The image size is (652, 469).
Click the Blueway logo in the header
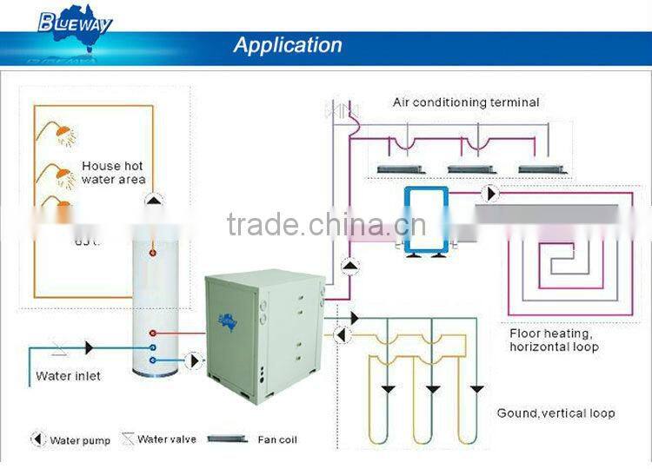(75, 23)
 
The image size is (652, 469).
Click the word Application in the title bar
(287, 45)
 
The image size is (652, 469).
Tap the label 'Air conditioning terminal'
(466, 102)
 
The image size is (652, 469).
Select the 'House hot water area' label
(113, 173)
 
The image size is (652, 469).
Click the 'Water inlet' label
(68, 376)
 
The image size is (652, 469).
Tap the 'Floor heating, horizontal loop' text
(555, 340)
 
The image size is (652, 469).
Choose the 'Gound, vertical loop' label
(556, 413)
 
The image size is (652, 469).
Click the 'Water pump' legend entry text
(80, 440)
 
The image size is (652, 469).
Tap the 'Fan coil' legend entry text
(276, 439)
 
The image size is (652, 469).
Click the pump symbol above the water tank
(153, 200)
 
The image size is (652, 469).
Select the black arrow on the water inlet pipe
(90, 347)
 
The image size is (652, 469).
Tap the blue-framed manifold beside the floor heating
(425, 219)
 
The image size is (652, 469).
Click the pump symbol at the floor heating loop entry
(491, 193)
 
